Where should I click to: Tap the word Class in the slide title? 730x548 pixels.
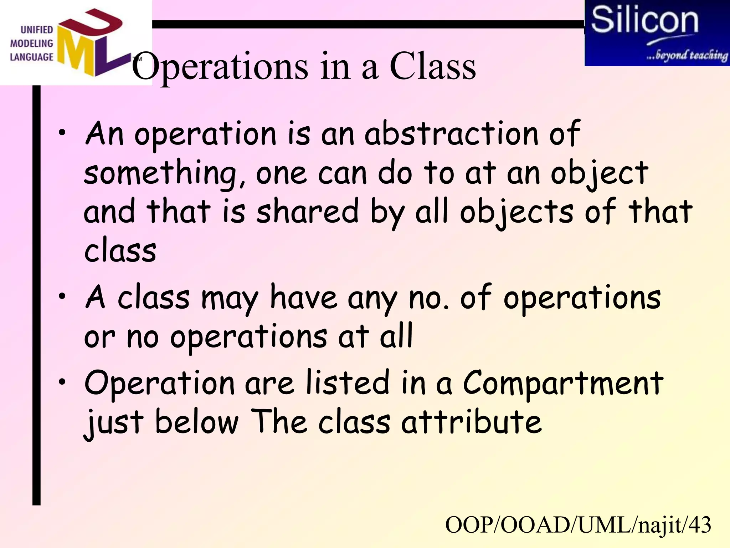point(433,66)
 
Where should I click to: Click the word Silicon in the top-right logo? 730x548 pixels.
point(644,21)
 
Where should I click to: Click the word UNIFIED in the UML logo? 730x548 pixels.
point(36,30)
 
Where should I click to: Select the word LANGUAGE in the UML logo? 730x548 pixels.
point(31,57)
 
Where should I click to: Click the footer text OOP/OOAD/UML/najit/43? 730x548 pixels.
point(578,525)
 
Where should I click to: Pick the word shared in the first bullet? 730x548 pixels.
point(307,212)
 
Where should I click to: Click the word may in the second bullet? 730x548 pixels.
point(230,299)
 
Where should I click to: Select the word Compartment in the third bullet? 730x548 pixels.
point(563,384)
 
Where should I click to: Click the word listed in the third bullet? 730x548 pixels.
point(348,383)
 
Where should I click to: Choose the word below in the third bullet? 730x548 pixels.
point(197,422)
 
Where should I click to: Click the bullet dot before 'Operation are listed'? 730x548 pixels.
point(63,382)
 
